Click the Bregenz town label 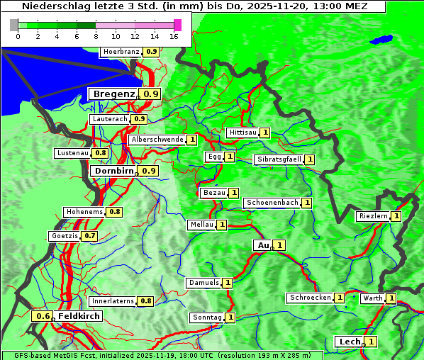pyautogui.click(x=113, y=94)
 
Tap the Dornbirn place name pyautogui.click(x=113, y=171)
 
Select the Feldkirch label pyautogui.click(x=78, y=316)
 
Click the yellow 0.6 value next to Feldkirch pyautogui.click(x=43, y=316)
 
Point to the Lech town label pyautogui.click(x=350, y=342)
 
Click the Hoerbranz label pyautogui.click(x=121, y=52)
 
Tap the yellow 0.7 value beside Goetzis pyautogui.click(x=89, y=236)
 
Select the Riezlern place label pyautogui.click(x=373, y=216)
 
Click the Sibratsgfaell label pyautogui.click(x=279, y=159)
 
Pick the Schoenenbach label pyautogui.click(x=272, y=203)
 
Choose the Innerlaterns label pyautogui.click(x=113, y=301)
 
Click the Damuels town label pyautogui.click(x=203, y=283)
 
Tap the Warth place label pyautogui.click(x=373, y=298)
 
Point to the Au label pyautogui.click(x=263, y=245)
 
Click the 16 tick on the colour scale pyautogui.click(x=174, y=36)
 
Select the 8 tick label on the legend pyautogui.click(x=96, y=36)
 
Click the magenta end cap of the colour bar pyautogui.click(x=177, y=25)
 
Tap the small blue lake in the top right pyautogui.click(x=383, y=39)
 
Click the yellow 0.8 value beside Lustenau pyautogui.click(x=100, y=153)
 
